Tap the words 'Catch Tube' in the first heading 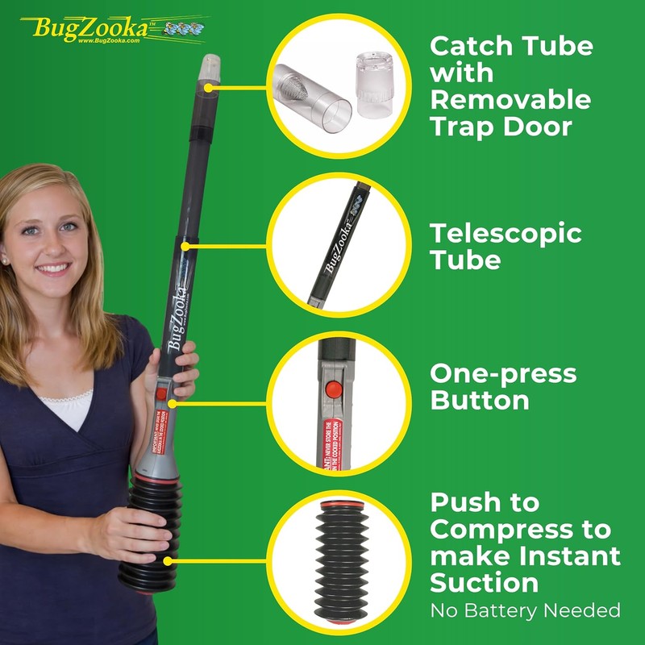(511, 46)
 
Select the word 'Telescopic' (506, 234)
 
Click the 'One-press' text (503, 374)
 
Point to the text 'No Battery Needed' (525, 610)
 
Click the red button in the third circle (330, 390)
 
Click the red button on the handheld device (161, 394)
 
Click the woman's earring (6, 260)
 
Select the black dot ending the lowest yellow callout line (168, 561)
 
